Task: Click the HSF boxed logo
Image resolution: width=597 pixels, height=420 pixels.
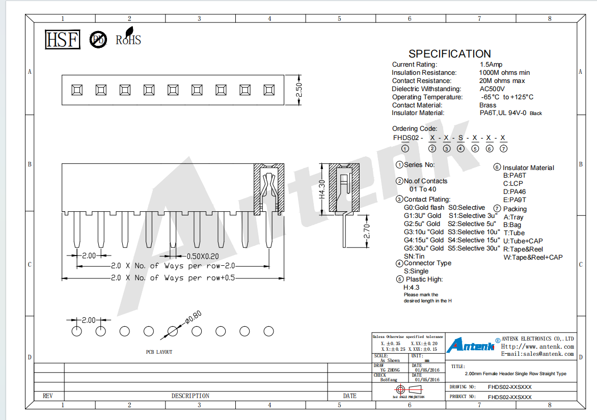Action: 63,40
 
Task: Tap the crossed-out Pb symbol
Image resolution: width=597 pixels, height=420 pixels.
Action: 98,40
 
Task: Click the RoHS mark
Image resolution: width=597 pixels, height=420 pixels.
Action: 128,37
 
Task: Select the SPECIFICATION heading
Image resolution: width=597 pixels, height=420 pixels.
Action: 450,53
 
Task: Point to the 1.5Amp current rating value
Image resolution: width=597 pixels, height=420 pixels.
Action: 491,65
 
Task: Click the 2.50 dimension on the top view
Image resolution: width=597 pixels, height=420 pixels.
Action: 299,90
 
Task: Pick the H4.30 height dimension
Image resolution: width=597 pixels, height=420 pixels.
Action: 322,189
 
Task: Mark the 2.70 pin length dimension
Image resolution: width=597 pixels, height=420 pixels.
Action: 366,231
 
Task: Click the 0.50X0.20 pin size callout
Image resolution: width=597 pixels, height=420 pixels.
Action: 203,257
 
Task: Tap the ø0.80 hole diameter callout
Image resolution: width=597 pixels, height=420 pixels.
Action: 194,317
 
